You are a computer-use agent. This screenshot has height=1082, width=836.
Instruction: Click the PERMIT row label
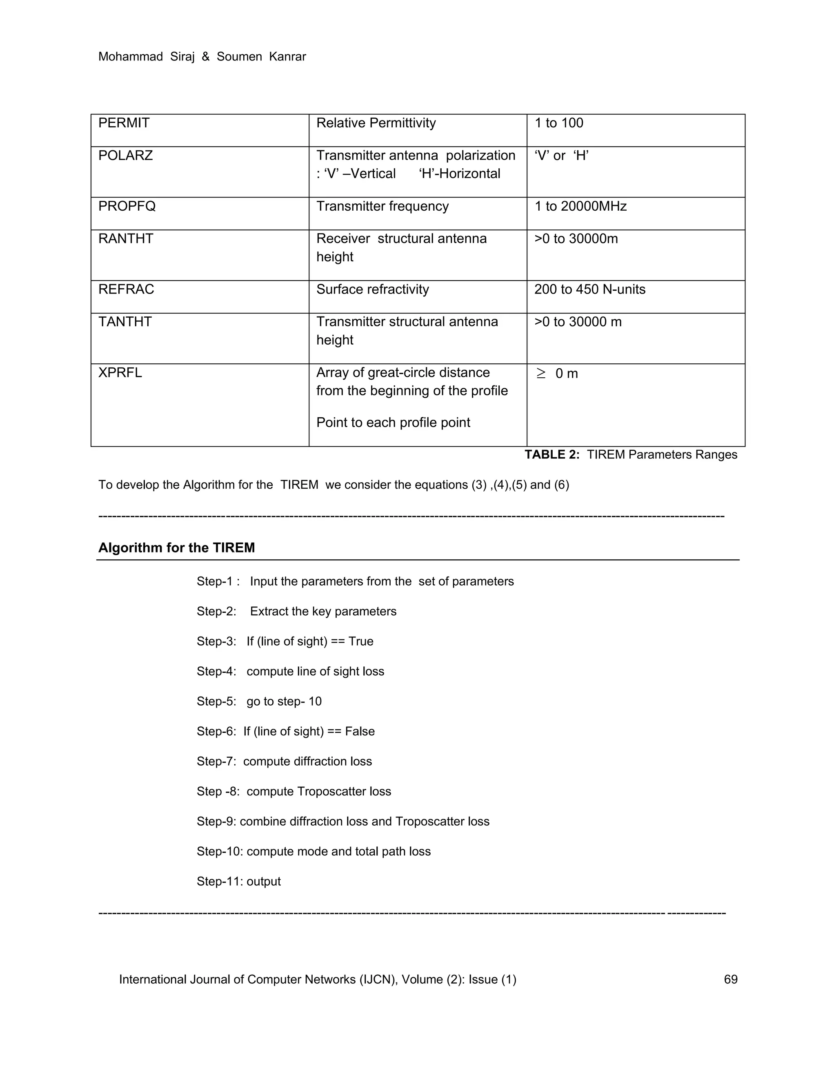pos(124,123)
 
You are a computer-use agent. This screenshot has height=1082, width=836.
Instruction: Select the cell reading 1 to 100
pos(559,123)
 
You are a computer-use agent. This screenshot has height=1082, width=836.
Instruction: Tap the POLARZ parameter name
pos(125,156)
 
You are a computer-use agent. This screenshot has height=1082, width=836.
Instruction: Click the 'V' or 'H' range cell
pos(561,156)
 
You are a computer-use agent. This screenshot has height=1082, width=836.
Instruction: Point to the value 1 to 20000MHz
pos(580,206)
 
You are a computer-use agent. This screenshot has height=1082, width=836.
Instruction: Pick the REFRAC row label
pos(126,289)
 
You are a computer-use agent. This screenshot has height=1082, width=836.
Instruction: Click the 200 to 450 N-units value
pos(589,289)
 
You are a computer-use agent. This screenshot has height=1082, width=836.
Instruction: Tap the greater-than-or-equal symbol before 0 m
pos(541,374)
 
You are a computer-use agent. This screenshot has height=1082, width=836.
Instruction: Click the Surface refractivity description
pos(372,289)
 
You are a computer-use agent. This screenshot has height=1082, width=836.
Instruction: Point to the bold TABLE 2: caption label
pos(552,455)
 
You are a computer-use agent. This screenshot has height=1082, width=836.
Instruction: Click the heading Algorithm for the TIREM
pos(176,548)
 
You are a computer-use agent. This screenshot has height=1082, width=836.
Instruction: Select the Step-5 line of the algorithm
pos(259,701)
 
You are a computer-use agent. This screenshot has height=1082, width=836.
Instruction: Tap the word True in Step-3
pos(360,641)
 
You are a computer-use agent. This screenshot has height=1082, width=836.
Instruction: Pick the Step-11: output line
pos(239,882)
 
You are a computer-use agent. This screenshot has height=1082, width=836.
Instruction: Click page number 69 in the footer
pos(731,980)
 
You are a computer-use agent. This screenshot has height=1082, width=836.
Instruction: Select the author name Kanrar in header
pos(287,57)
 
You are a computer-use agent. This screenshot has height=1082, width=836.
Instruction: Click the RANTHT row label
pos(126,239)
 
